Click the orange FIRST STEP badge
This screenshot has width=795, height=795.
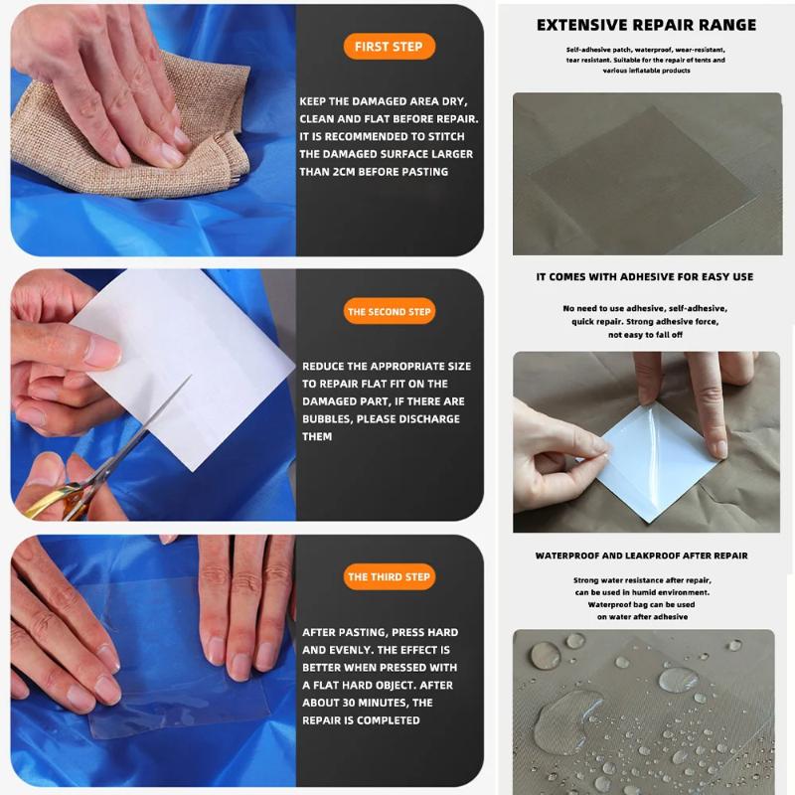click(x=389, y=47)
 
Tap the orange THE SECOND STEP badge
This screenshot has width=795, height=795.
click(x=389, y=312)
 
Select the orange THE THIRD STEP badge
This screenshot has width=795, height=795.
click(x=389, y=577)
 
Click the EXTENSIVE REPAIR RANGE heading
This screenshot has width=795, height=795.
click(x=646, y=25)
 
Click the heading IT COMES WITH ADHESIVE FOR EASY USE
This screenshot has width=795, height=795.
click(x=644, y=277)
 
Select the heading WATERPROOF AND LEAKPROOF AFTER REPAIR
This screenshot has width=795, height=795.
click(x=641, y=556)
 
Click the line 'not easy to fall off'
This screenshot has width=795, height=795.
click(x=644, y=335)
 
